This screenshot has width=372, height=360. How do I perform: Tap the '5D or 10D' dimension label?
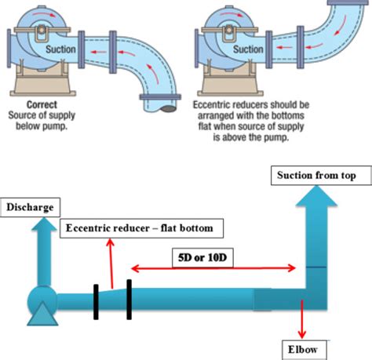tap(204, 256)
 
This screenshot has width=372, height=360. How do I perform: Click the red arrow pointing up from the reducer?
tap(111, 263)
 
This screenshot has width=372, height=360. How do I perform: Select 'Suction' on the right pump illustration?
tap(248, 49)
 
